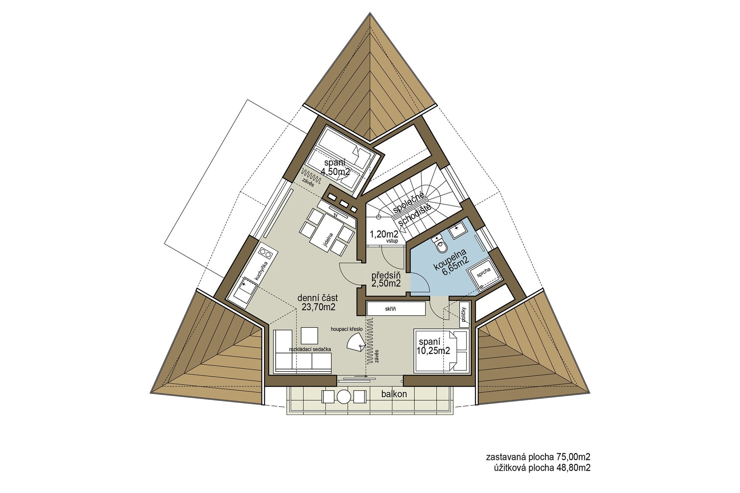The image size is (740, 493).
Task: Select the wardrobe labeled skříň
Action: [x=396, y=309]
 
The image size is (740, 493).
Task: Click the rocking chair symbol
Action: [x=355, y=342]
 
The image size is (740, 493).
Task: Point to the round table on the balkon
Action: [x=343, y=397]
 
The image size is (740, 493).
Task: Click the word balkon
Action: [x=394, y=394]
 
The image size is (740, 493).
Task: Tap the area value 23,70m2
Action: [x=319, y=307]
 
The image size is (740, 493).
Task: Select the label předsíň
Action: [x=386, y=276]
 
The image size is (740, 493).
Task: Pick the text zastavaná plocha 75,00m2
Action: [x=538, y=457]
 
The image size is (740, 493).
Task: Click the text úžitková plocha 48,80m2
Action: [x=542, y=468]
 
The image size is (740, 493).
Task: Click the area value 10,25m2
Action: [x=434, y=350]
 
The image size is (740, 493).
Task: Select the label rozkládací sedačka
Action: [x=310, y=349]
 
